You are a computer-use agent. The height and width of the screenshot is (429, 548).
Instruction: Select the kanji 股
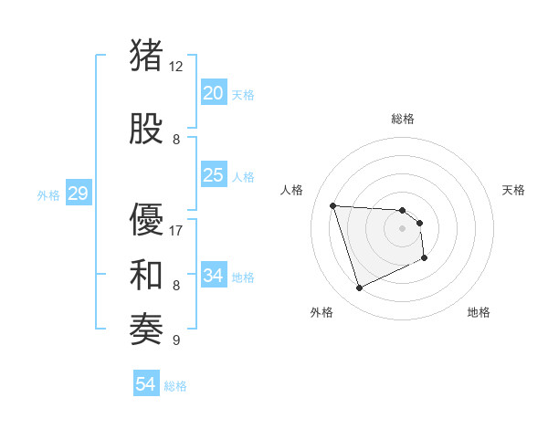tap(147, 128)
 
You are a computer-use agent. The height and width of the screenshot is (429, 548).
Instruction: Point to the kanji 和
tap(147, 275)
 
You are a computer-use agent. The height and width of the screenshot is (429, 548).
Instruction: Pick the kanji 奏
tap(147, 329)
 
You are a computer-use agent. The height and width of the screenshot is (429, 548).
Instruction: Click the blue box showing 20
tap(213, 93)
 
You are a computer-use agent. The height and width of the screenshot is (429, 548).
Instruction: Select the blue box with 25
tap(213, 175)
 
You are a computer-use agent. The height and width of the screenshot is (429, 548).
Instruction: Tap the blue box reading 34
tap(213, 276)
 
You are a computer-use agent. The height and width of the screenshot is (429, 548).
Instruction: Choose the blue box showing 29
tap(78, 194)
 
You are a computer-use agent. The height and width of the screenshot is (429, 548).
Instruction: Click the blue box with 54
tap(145, 384)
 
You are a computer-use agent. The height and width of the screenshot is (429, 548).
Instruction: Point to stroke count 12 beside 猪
tap(176, 66)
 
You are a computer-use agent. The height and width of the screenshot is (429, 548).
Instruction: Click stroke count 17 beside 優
tap(176, 230)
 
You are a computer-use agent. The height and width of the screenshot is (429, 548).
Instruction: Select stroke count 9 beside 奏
tap(176, 340)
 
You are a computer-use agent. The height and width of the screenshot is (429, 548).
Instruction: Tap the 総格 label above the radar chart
tap(403, 119)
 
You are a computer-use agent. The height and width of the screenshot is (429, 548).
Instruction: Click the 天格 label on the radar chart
tap(514, 190)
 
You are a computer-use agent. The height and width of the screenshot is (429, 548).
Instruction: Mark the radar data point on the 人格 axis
tap(333, 205)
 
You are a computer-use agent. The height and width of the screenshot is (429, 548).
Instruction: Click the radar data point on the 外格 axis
tap(359, 288)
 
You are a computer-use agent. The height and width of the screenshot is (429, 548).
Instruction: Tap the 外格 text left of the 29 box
tap(48, 194)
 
